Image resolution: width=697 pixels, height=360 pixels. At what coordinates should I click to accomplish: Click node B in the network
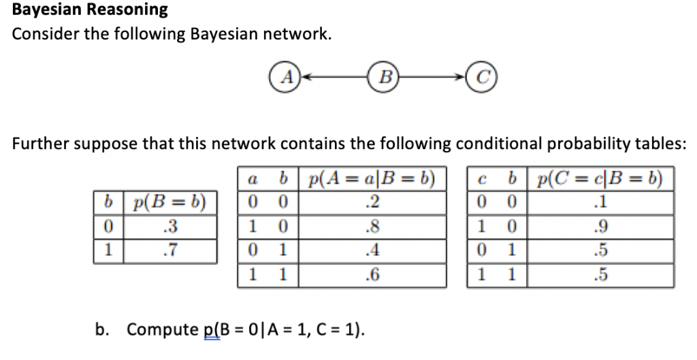point(385,76)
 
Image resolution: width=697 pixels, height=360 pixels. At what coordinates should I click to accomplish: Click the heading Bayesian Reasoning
point(91,10)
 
